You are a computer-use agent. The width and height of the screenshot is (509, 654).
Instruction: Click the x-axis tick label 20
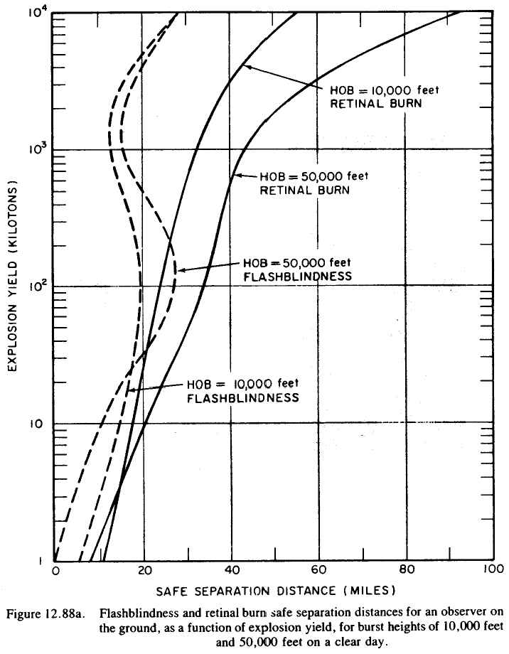(144, 571)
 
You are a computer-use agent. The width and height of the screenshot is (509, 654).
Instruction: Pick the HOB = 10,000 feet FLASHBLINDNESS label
(242, 392)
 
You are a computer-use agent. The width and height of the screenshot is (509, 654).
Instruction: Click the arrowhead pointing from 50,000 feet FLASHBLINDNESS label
(178, 270)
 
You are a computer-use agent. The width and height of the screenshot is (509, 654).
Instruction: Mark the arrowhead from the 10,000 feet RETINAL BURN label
(245, 66)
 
